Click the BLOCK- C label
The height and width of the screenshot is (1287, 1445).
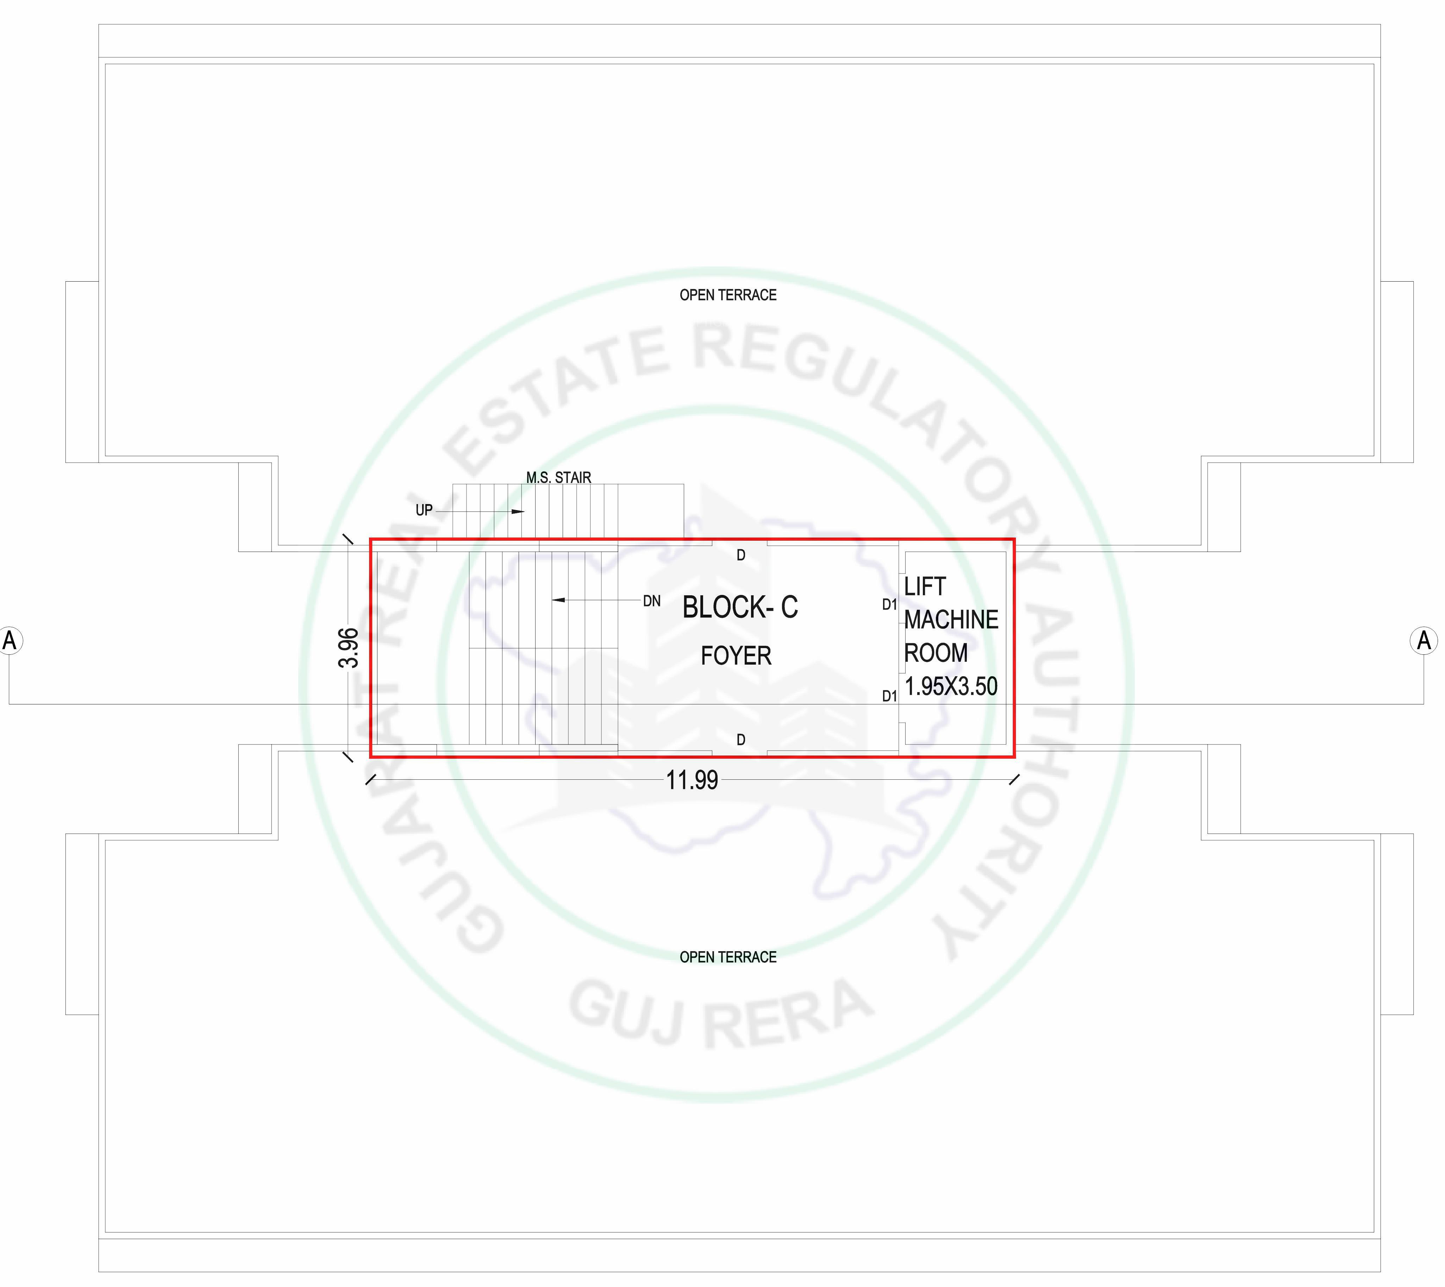click(740, 607)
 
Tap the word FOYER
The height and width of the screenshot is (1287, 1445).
click(736, 655)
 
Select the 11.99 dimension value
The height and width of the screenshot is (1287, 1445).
click(692, 780)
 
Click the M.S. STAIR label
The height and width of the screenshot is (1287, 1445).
click(559, 477)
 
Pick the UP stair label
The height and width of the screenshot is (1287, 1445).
click(424, 510)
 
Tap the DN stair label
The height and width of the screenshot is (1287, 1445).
click(651, 601)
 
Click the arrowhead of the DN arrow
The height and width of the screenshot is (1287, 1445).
click(558, 600)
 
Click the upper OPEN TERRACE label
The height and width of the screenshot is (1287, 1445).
click(728, 295)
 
